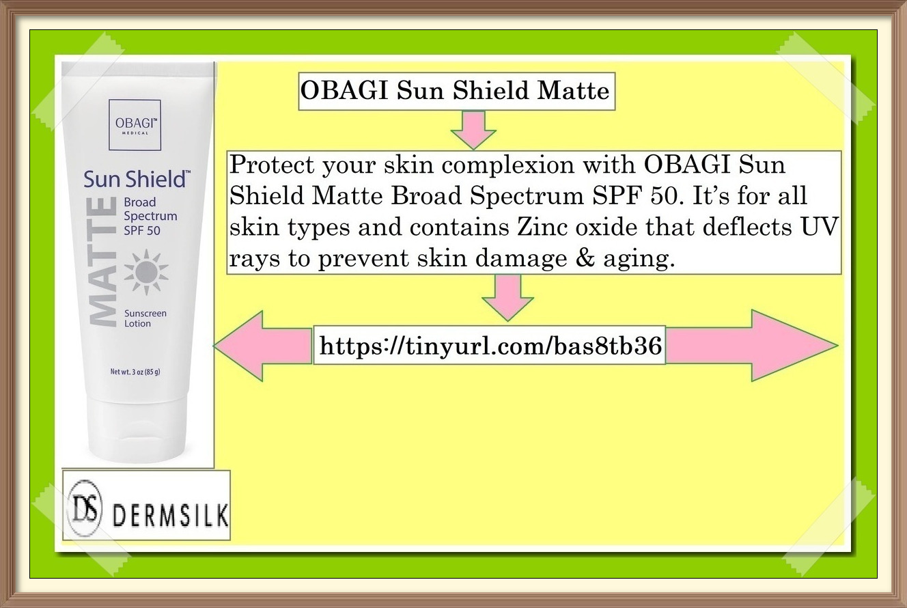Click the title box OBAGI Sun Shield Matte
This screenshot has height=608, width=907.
[x=456, y=92]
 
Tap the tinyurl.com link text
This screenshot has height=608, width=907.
[x=490, y=346]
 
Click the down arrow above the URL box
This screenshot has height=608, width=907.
[x=507, y=297]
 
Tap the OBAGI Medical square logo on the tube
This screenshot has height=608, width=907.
[x=135, y=124]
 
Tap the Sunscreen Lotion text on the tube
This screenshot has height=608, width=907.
[x=145, y=318]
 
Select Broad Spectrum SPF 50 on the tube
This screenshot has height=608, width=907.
[x=150, y=216]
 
